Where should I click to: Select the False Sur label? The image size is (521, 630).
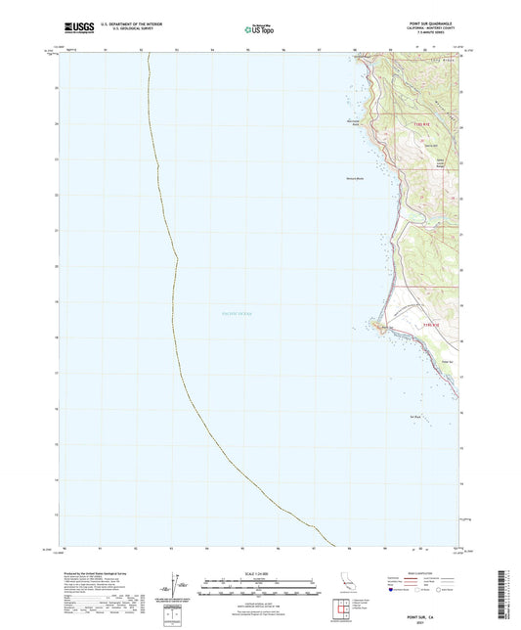(x=447, y=361)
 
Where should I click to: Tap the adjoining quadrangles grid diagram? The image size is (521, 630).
(x=342, y=608)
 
